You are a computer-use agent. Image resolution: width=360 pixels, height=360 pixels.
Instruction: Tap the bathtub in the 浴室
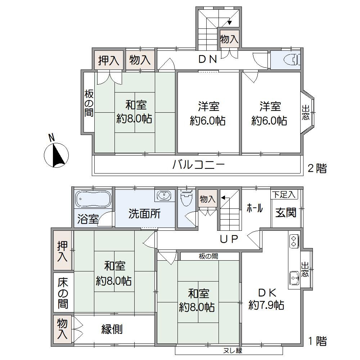(93, 199)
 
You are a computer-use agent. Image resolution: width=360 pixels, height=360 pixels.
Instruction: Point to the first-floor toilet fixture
(187, 199)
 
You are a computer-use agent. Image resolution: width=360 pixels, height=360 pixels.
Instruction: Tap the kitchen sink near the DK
(294, 278)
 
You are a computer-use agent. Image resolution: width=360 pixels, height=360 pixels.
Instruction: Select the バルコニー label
(198, 165)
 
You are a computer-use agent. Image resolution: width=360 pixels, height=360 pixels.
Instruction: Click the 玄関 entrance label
(286, 212)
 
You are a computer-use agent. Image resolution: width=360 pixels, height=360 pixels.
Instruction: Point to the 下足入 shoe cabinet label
(283, 195)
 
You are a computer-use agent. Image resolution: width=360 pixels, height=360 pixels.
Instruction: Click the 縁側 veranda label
(112, 329)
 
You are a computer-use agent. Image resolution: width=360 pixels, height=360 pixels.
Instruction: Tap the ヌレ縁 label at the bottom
(229, 350)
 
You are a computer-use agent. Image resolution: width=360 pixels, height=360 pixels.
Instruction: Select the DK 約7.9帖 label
(266, 298)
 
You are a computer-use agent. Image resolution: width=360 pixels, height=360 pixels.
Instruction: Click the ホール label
(255, 208)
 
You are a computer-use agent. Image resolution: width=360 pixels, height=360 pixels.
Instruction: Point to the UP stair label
(229, 239)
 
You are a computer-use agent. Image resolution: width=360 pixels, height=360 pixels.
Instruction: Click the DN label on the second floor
(208, 59)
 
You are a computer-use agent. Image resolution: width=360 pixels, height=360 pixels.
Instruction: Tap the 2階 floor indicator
(317, 168)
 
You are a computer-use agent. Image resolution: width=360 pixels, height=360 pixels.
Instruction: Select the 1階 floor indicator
(317, 341)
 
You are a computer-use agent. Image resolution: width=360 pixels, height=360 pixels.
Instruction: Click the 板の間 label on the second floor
(89, 103)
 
